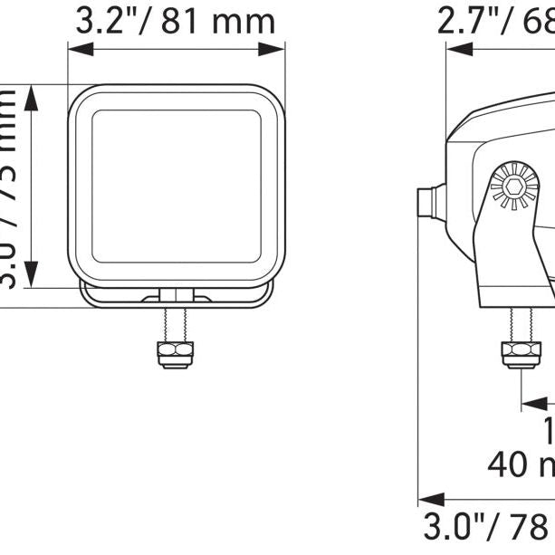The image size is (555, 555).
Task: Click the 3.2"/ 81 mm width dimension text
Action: click(175, 21)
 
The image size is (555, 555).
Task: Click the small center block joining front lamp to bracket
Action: click(176, 294)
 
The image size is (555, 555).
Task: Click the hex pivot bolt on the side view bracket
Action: click(511, 188)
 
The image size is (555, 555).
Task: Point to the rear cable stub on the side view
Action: click(429, 201)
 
